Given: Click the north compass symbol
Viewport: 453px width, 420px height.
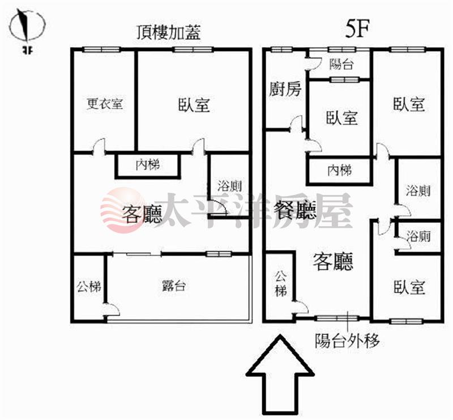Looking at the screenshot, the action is click(27, 27).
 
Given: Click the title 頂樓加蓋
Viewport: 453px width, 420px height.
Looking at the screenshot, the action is click(169, 32).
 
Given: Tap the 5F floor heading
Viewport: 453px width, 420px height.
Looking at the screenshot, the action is click(358, 29).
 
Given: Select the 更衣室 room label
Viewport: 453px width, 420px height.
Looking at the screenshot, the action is click(105, 104).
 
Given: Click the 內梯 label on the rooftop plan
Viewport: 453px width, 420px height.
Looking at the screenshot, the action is click(148, 165).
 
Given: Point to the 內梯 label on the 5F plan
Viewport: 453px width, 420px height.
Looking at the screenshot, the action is click(340, 171).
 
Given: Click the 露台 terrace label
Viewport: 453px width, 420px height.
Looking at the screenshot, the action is click(173, 286).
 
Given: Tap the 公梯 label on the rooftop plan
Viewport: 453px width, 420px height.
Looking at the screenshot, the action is click(89, 287).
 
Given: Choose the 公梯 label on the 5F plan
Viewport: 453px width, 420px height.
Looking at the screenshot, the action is click(280, 283).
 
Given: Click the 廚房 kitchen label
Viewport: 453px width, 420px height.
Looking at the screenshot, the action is click(285, 89).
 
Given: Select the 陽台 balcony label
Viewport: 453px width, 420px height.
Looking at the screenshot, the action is click(341, 64).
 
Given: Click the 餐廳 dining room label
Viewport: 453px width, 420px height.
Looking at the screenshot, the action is click(294, 210).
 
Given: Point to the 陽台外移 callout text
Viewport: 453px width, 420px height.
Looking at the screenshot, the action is click(347, 341).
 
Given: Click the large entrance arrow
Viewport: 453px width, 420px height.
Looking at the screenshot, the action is click(280, 376).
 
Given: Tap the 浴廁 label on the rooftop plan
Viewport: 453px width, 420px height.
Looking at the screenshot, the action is click(229, 186).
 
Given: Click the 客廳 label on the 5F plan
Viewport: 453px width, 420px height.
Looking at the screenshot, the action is click(333, 261).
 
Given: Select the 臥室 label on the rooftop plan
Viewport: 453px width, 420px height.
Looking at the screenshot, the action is click(194, 104).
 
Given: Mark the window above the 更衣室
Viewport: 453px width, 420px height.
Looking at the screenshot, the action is click(102, 49).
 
